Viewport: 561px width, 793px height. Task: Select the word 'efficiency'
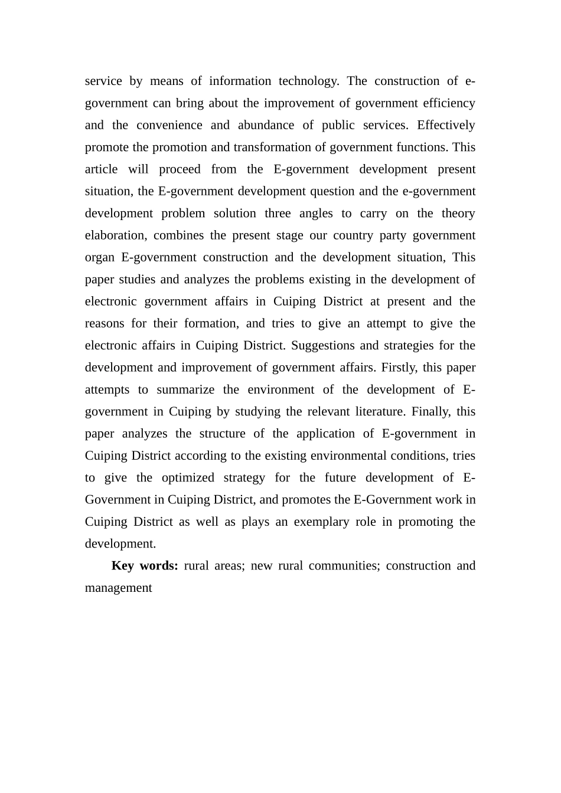coord(449,103)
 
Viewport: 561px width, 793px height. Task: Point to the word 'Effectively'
coord(446,125)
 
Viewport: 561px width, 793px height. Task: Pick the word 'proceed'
coord(180,169)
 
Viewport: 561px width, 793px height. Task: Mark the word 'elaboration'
coord(115,235)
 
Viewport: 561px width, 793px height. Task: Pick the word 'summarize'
coord(185,390)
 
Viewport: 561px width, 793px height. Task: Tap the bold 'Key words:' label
coord(145,566)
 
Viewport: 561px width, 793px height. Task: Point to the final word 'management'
coord(118,588)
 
